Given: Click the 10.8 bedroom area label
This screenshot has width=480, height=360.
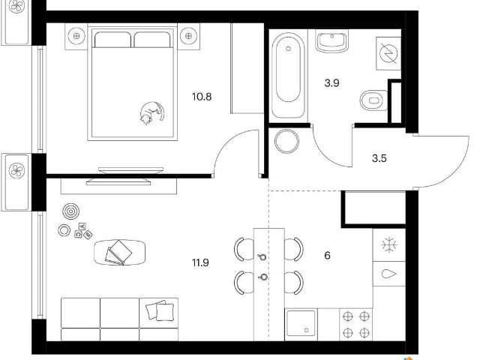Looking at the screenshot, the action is [202, 97].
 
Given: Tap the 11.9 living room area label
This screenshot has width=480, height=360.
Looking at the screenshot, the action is [200, 262].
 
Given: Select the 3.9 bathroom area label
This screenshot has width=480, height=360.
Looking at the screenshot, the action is [331, 83].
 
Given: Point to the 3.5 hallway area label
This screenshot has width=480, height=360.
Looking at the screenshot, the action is [379, 158].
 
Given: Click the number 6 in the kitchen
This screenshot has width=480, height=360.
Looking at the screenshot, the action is [327, 255].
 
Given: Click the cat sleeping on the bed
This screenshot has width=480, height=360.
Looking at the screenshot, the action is [151, 113].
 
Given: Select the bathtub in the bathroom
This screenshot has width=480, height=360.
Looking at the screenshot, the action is [288, 75].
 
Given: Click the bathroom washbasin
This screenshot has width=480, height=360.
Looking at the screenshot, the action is [332, 41].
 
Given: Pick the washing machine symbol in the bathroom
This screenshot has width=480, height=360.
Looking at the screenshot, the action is [388, 53].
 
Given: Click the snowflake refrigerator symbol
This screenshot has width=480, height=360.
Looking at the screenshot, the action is [389, 245].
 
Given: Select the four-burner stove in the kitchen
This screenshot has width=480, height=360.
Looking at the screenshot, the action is [355, 325].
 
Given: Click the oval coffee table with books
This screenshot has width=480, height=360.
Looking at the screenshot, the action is [120, 252].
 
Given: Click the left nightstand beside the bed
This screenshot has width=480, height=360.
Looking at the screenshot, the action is [76, 37].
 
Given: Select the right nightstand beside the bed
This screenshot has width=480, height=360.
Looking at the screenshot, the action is [188, 37].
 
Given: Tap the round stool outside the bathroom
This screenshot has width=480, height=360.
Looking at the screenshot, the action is [286, 141].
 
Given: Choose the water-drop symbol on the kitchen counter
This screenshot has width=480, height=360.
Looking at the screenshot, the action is [389, 274].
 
